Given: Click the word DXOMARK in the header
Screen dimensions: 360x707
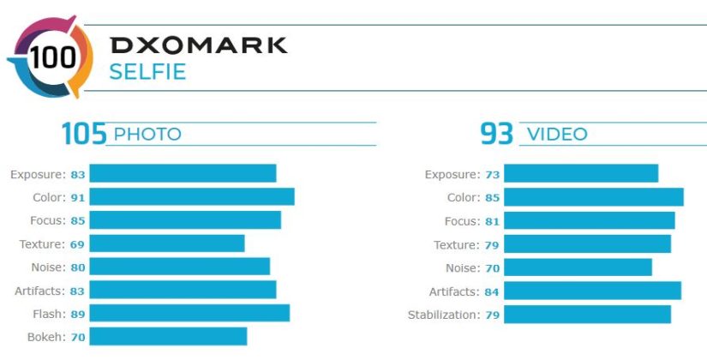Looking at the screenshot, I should (x=198, y=45).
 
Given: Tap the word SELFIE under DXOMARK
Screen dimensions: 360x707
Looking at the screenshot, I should (x=147, y=71).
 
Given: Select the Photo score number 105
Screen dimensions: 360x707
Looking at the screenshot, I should (x=84, y=134).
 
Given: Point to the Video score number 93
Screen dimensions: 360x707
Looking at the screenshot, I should (x=497, y=134).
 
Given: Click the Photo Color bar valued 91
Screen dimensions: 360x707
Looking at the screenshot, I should (x=192, y=197).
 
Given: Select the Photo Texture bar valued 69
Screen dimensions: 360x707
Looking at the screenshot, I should (x=167, y=244).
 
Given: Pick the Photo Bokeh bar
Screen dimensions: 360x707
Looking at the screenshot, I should (x=168, y=337).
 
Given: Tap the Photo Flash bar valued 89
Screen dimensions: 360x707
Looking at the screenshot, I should (x=189, y=314).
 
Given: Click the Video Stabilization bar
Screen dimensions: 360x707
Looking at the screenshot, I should (x=587, y=315).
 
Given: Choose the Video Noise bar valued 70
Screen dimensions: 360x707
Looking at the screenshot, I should (x=578, y=268).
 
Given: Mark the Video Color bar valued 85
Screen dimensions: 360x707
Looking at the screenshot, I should (x=594, y=198).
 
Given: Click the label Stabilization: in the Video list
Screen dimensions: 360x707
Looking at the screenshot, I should (x=444, y=315).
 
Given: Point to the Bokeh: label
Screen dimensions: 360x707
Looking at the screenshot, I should (x=45, y=337).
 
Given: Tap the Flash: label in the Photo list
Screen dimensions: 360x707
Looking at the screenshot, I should (x=47, y=314).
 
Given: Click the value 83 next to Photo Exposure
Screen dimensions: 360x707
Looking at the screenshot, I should (x=78, y=175).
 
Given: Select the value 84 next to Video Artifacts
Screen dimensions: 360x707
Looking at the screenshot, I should (x=492, y=291).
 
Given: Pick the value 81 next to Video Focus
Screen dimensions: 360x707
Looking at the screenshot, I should (x=492, y=221).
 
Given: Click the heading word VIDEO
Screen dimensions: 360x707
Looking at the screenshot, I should (x=557, y=135).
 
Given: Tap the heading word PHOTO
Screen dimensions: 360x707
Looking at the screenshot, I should (x=147, y=135).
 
